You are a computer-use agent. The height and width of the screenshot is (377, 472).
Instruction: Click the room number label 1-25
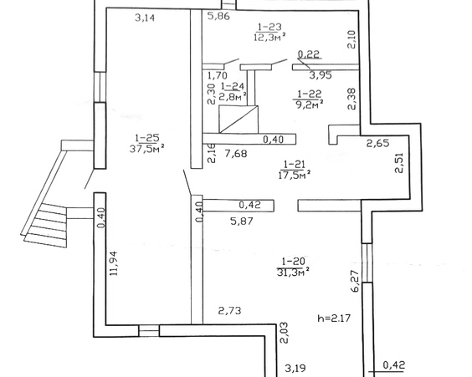click(x=147, y=138)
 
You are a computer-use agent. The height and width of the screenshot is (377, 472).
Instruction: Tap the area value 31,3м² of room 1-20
click(x=293, y=272)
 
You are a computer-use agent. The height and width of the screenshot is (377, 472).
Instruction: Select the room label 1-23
click(x=269, y=27)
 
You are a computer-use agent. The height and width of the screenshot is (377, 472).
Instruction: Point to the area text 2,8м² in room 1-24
click(x=233, y=96)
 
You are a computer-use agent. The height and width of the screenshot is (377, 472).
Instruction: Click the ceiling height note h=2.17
click(x=334, y=318)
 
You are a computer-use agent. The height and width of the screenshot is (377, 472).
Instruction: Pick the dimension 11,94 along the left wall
click(x=114, y=263)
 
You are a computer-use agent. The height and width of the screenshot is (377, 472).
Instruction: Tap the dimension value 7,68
click(x=236, y=154)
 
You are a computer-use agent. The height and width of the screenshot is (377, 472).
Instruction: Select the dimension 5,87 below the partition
click(x=242, y=222)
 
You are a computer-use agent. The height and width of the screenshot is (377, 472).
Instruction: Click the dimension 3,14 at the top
click(x=145, y=18)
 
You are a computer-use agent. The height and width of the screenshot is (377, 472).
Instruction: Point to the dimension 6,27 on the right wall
click(x=355, y=281)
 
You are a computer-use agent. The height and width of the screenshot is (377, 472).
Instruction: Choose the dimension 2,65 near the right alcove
click(x=377, y=143)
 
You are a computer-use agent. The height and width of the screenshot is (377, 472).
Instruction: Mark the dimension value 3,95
click(x=321, y=75)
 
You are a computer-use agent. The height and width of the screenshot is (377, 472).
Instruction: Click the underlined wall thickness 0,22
click(x=308, y=54)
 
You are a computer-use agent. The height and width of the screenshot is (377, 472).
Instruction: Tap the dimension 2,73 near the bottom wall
click(x=229, y=310)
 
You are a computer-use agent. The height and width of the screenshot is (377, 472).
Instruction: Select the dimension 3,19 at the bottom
click(x=295, y=368)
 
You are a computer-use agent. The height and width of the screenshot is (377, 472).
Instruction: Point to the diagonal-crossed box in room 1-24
click(x=239, y=119)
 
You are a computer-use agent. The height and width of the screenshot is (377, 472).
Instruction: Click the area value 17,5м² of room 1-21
click(x=295, y=175)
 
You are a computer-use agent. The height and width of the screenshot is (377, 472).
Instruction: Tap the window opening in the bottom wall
click(x=149, y=331)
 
